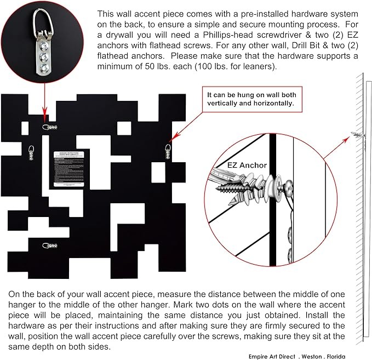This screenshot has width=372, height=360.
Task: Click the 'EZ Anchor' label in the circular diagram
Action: point(247,164)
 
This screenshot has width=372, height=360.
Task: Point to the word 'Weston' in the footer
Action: point(310,355)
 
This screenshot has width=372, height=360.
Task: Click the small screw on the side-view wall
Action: point(357,135)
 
